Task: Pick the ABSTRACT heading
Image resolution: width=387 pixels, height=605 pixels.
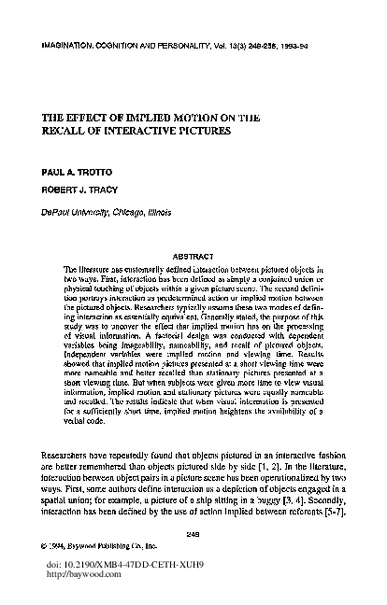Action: [x=193, y=256]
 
